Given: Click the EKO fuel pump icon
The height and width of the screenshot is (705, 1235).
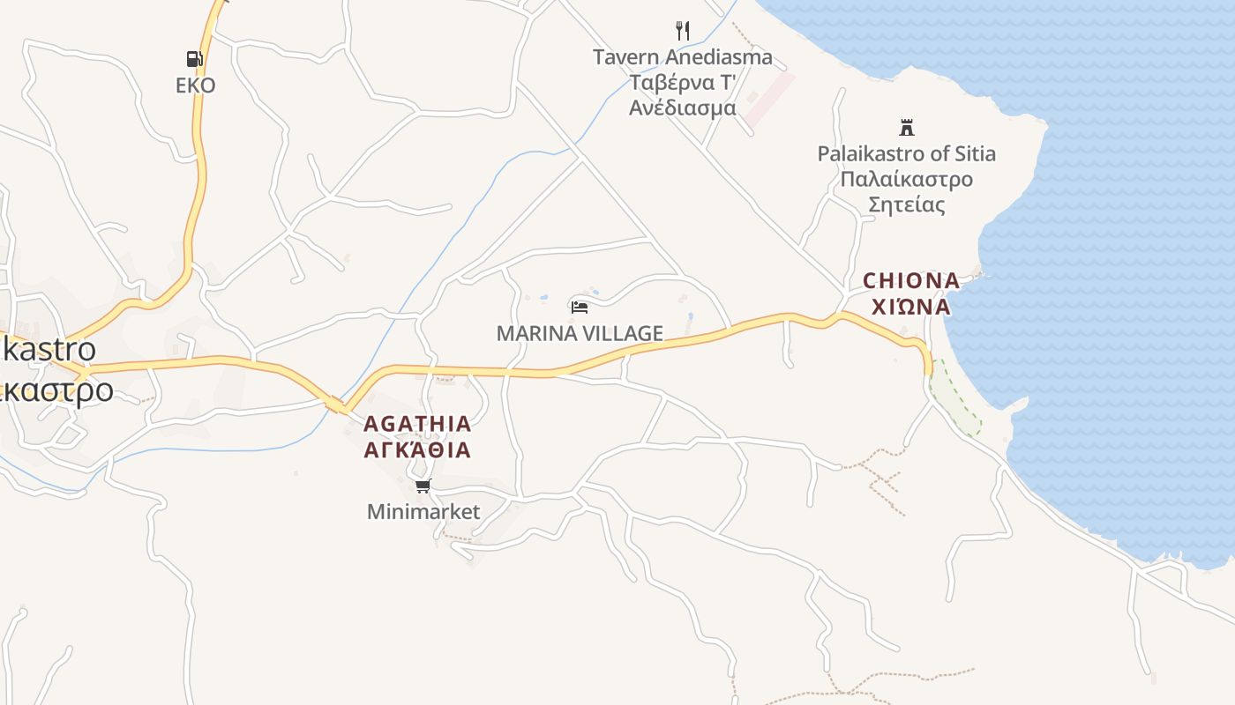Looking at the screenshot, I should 194,59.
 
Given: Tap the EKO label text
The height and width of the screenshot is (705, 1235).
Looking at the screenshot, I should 195,85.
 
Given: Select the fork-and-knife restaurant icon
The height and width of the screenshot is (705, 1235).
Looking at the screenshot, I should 682,31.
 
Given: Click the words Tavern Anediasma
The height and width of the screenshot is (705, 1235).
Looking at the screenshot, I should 682,57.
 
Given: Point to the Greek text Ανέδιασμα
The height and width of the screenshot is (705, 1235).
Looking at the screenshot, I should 682,108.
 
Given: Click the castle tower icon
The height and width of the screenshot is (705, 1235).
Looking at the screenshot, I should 906,127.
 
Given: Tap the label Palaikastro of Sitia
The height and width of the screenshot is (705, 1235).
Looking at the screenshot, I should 906,153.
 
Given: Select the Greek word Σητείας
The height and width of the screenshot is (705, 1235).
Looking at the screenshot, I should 906,205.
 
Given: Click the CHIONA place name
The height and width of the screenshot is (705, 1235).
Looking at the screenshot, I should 910,281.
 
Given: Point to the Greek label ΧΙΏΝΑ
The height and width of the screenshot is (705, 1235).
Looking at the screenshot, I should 910,307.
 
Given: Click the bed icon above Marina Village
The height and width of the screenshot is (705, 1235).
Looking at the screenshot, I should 580,307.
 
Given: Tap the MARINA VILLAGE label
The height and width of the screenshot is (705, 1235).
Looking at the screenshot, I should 580,333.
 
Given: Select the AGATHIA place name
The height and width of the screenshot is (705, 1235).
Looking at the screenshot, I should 417,424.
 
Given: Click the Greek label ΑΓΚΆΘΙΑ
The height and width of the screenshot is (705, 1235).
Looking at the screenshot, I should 417,450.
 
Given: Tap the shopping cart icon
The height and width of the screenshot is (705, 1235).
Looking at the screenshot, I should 423,486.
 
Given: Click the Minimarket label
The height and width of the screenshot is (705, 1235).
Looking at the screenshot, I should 423,511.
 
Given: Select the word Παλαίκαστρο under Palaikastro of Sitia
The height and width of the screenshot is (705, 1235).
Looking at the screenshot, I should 906,180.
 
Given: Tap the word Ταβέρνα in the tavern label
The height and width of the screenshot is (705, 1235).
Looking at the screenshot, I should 662,83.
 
